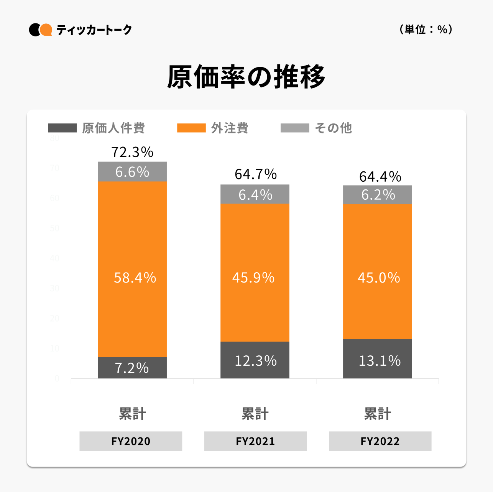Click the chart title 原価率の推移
pos(246,77)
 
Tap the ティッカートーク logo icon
pos(41,30)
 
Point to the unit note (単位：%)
pos(426,30)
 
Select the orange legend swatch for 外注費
pos(191,128)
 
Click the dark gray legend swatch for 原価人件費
pos(62,128)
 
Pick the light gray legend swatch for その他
pos(294,128)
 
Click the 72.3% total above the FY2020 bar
pos(132,152)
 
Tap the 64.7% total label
pos(256,174)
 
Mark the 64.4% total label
pos(380,177)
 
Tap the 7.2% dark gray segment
pos(132,368)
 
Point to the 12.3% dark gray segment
pos(255,360)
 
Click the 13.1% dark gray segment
pos(378,359)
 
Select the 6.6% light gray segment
pos(132,172)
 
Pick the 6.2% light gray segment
pos(378,195)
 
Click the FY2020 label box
pos(131,441)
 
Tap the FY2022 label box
pos(380,441)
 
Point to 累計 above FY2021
pos(255,414)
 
